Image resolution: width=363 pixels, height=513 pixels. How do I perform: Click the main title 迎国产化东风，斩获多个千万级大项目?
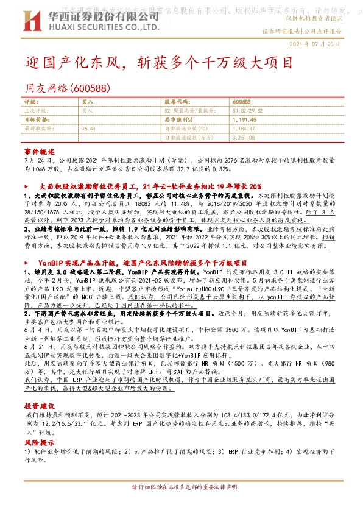point(160,63)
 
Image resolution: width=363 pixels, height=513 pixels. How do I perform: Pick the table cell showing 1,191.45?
point(245,120)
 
